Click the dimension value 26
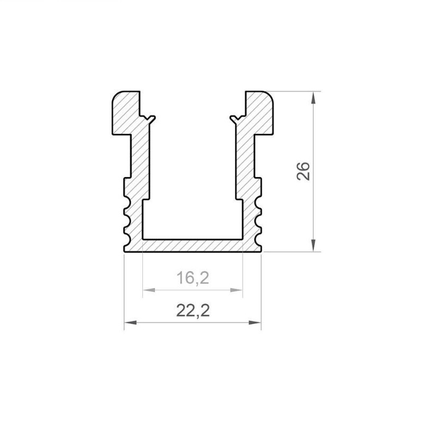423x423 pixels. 304,172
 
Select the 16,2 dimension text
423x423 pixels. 192,278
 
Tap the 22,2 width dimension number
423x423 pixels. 192,311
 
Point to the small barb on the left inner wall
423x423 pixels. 152,118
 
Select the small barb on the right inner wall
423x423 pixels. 233,118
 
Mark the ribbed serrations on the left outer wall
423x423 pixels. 127,219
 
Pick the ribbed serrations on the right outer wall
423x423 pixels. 259,219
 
